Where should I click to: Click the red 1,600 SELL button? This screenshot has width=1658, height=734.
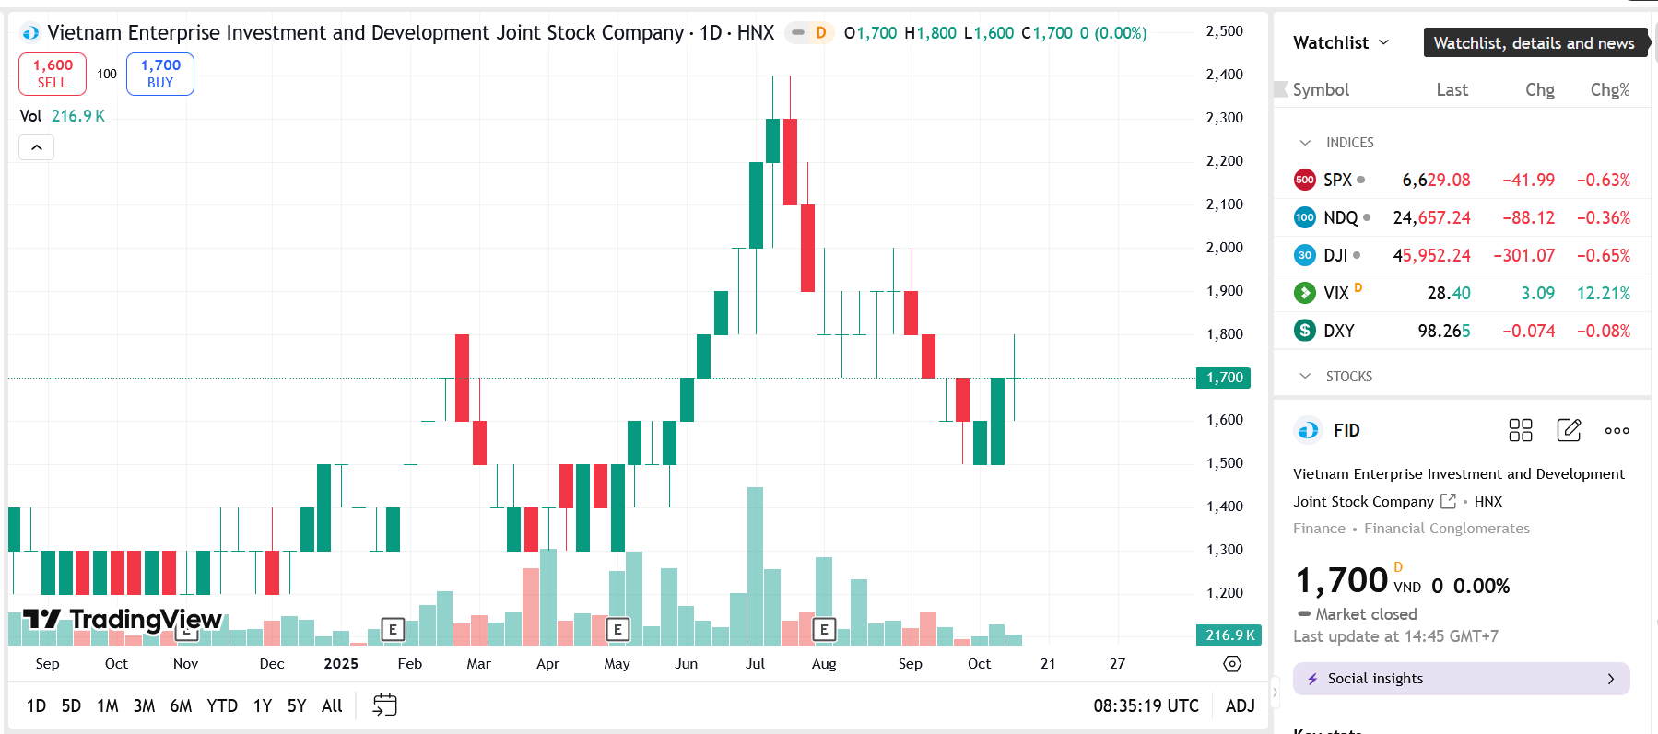(53, 74)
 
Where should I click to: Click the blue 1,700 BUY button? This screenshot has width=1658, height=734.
(160, 74)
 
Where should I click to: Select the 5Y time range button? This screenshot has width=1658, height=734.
(296, 705)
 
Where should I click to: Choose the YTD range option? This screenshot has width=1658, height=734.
(222, 705)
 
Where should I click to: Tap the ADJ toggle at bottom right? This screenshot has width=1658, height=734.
(1240, 705)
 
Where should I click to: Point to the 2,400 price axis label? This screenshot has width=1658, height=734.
(1224, 75)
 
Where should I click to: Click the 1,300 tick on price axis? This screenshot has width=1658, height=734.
(1224, 550)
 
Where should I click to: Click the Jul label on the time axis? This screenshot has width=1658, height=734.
(755, 664)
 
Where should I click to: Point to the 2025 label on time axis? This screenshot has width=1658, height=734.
(341, 664)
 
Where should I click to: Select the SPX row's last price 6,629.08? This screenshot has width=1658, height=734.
(1436, 181)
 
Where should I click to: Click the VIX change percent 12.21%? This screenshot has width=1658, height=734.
(1603, 294)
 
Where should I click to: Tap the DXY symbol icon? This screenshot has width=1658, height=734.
(1305, 331)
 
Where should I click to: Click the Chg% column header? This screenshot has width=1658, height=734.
(1609, 90)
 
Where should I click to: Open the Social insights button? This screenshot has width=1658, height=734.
(1461, 679)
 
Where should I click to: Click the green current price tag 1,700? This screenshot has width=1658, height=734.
(1224, 378)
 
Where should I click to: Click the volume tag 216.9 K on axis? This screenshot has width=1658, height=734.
(1229, 635)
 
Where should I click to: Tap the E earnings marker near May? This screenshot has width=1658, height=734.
(617, 630)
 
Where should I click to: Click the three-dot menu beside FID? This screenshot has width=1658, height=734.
(1617, 430)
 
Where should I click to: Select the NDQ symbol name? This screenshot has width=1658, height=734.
(1340, 218)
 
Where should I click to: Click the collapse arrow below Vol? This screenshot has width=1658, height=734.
(37, 147)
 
